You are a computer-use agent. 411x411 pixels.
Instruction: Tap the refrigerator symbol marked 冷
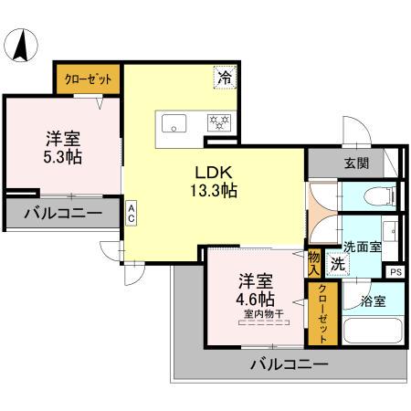pyautogui.click(x=224, y=79)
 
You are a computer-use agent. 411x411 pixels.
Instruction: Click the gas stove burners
pyautogui.click(x=219, y=121)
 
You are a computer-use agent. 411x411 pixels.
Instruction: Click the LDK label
pyautogui.click(x=215, y=173)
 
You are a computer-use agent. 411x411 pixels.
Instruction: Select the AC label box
pyautogui.click(x=132, y=213)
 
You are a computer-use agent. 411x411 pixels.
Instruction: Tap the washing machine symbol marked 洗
pyautogui.click(x=337, y=265)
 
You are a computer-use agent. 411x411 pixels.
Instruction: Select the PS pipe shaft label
pyautogui.click(x=395, y=271)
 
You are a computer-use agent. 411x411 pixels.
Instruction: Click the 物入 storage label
pyautogui.click(x=314, y=263)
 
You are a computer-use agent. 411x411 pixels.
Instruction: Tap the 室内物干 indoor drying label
pyautogui.click(x=262, y=316)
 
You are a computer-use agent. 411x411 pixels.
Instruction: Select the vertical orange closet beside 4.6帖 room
pyautogui.click(x=321, y=314)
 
